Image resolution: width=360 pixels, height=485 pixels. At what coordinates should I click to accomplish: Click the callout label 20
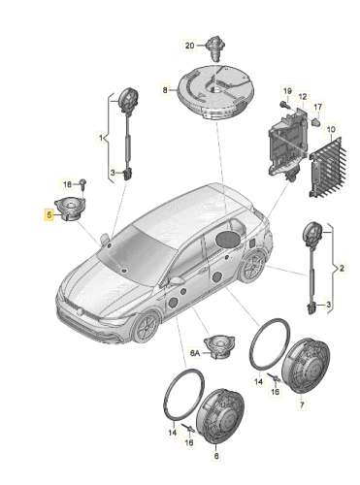[189, 46]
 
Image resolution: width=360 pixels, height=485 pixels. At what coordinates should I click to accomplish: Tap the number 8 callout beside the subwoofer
[165, 89]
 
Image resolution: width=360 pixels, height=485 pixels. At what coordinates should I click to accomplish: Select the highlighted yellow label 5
[49, 214]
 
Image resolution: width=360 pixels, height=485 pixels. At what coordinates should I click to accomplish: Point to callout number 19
[287, 91]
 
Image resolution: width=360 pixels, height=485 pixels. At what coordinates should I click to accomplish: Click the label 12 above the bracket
[302, 96]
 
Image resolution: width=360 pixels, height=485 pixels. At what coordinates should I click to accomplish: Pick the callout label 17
[318, 107]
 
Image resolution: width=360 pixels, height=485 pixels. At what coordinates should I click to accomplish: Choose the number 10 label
[331, 129]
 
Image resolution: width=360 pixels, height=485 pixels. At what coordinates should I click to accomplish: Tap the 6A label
[195, 353]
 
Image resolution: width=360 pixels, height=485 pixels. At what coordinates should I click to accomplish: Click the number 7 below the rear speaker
[302, 404]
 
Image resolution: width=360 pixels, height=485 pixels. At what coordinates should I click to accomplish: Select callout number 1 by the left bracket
[101, 138]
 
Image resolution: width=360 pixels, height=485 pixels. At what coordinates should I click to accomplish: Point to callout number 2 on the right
[342, 268]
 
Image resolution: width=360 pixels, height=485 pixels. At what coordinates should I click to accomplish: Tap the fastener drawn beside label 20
[213, 48]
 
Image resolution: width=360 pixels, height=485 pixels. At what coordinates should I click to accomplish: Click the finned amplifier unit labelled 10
[327, 167]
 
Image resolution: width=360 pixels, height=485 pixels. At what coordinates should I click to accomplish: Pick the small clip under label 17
[315, 122]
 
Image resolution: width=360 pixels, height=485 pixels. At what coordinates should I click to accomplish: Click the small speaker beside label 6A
[219, 346]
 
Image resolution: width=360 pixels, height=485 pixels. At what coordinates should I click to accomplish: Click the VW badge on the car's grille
[80, 312]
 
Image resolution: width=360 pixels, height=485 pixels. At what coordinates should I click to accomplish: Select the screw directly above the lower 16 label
[188, 429]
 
